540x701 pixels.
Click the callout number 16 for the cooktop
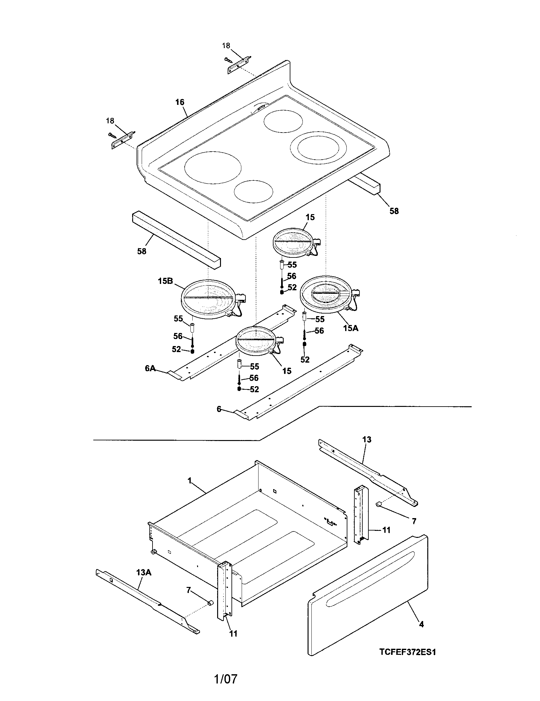point(180,102)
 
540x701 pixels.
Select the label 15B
point(165,281)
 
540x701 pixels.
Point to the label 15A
point(351,328)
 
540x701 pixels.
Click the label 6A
point(150,368)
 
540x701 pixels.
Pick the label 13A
point(143,572)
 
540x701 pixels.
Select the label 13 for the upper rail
point(367,439)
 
